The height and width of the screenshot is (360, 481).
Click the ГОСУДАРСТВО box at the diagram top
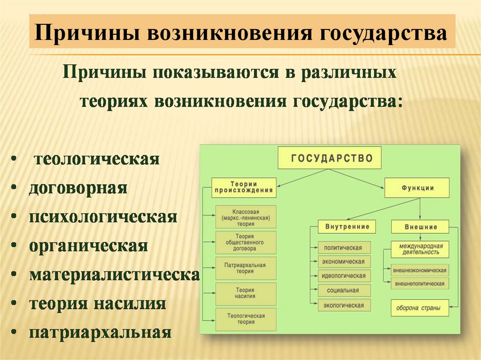[x=329, y=158]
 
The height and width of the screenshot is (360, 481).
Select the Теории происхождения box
[x=244, y=187]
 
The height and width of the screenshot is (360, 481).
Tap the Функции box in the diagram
[x=417, y=187]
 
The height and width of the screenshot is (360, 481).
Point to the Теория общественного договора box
[x=246, y=243]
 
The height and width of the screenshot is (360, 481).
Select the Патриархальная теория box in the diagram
[x=246, y=268]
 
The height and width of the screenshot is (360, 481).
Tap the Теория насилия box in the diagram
[x=246, y=294]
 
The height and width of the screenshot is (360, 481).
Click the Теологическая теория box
[x=246, y=319]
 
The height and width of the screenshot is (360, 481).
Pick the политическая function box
[x=344, y=247]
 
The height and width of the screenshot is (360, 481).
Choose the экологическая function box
[x=344, y=306]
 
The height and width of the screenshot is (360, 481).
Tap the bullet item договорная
[x=78, y=189]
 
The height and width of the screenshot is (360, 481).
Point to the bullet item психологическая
[x=103, y=217]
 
